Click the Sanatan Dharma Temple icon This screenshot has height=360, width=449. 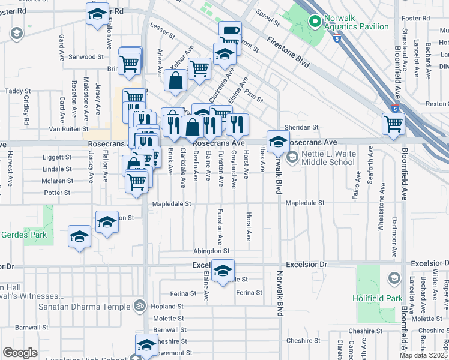pyautogui.click(x=140, y=307)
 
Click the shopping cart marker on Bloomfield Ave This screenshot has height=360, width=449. pyautogui.click(x=394, y=123)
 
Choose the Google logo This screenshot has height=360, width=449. pyautogui.click(x=20, y=353)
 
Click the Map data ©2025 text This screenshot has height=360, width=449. pyautogui.click(x=423, y=355)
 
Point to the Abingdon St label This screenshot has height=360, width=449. pyautogui.click(x=211, y=251)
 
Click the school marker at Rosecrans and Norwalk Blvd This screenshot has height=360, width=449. pyautogui.click(x=278, y=142)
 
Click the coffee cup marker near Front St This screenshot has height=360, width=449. pyautogui.click(x=230, y=32)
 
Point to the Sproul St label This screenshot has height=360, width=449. pyautogui.click(x=268, y=23)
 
